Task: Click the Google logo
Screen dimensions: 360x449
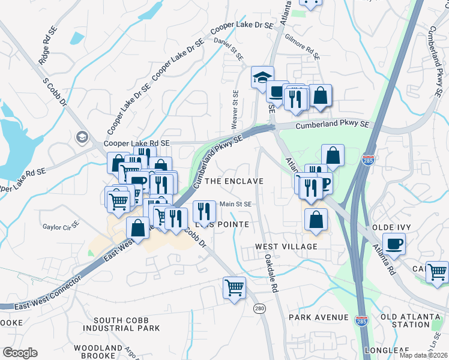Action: pos(20,353)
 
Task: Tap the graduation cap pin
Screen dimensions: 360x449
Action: pos(262,77)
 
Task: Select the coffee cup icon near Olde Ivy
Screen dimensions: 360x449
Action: pos(393,244)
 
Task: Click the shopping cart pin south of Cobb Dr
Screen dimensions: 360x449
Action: pos(234,287)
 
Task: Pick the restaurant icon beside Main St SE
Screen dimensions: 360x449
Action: pos(203,211)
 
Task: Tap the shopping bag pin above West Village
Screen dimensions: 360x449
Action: pos(316,220)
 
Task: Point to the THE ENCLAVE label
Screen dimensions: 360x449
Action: pos(234,181)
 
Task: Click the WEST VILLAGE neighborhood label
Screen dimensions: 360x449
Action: pos(286,247)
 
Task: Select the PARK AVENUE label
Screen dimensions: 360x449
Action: pos(318,317)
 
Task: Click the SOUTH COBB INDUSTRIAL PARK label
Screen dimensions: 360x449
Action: pos(122,324)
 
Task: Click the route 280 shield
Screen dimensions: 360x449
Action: pos(259,308)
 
